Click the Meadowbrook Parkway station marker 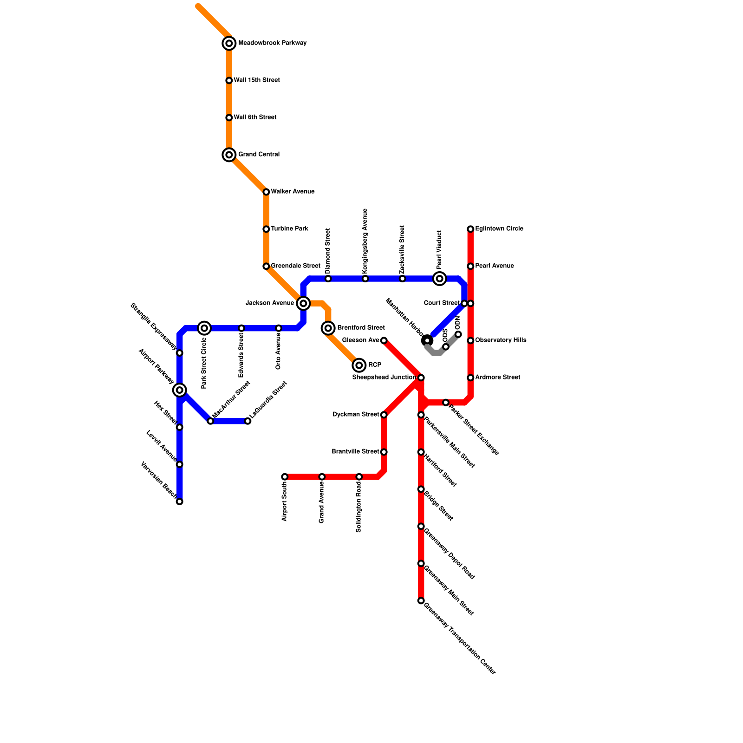229,43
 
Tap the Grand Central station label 259,155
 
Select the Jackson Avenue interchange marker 303,303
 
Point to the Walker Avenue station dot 266,192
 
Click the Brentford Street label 361,328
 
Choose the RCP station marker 359,365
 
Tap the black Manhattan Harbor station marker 427,340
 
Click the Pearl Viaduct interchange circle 440,279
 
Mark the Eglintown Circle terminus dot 470,229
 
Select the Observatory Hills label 501,340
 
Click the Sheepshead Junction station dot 421,378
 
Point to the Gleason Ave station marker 384,340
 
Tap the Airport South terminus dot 285,477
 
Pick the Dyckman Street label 356,415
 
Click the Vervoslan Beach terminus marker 180,502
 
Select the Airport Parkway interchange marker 180,390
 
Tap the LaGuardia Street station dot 248,421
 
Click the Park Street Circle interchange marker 204,328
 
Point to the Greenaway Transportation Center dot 421,601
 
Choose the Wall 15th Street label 256,80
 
